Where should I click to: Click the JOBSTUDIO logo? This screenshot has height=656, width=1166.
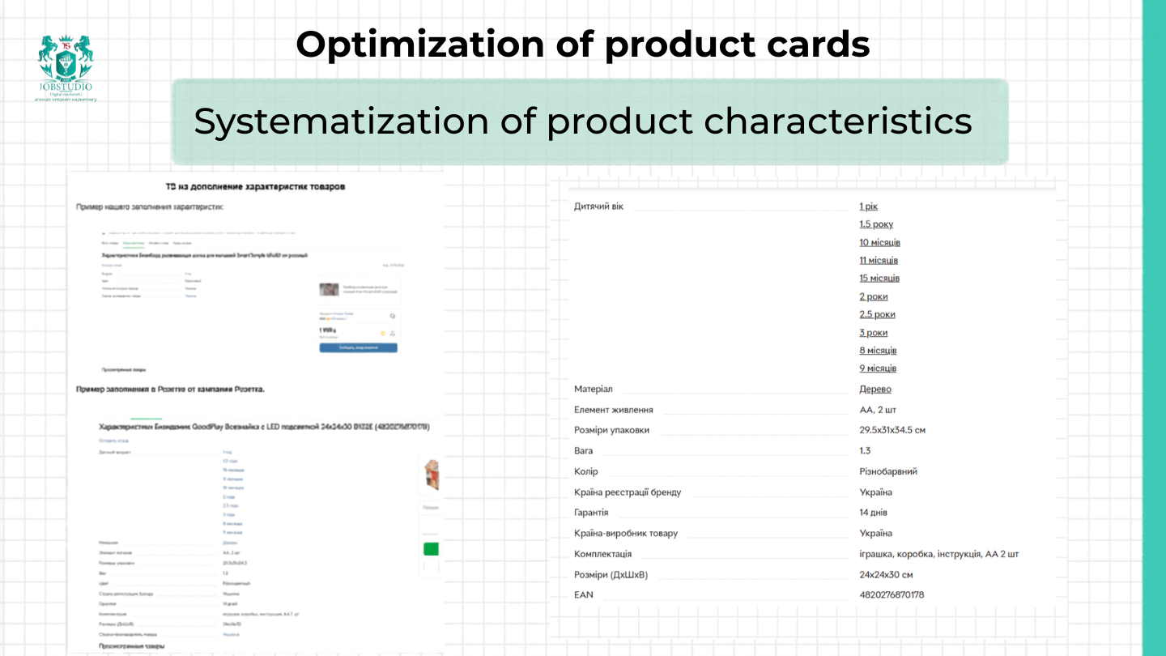pyautogui.click(x=66, y=67)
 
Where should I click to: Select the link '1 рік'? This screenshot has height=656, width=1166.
pyautogui.click(x=868, y=207)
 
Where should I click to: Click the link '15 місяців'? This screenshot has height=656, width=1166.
pyautogui.click(x=879, y=278)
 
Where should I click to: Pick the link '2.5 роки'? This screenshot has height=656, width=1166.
pyautogui.click(x=877, y=314)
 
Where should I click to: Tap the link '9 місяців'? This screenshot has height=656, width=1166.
pyautogui.click(x=878, y=368)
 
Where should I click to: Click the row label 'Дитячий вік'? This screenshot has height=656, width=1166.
pyautogui.click(x=598, y=207)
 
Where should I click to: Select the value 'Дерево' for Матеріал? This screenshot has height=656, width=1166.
pyautogui.click(x=875, y=389)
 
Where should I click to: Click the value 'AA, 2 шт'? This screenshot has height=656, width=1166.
pyautogui.click(x=878, y=410)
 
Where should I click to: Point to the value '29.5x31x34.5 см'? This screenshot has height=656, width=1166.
pyautogui.click(x=892, y=430)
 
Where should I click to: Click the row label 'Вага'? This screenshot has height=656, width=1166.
pyautogui.click(x=583, y=450)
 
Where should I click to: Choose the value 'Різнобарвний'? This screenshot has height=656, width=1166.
pyautogui.click(x=888, y=471)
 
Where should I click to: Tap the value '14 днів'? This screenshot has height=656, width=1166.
pyautogui.click(x=873, y=513)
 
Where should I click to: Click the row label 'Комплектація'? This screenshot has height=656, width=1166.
pyautogui.click(x=602, y=554)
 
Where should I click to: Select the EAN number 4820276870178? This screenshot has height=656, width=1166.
pyautogui.click(x=892, y=594)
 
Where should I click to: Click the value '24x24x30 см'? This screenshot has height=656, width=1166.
pyautogui.click(x=886, y=575)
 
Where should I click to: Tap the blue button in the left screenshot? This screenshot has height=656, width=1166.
pyautogui.click(x=358, y=347)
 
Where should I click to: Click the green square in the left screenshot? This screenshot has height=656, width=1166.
pyautogui.click(x=431, y=549)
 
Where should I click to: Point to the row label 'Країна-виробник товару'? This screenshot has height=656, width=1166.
pyautogui.click(x=625, y=534)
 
